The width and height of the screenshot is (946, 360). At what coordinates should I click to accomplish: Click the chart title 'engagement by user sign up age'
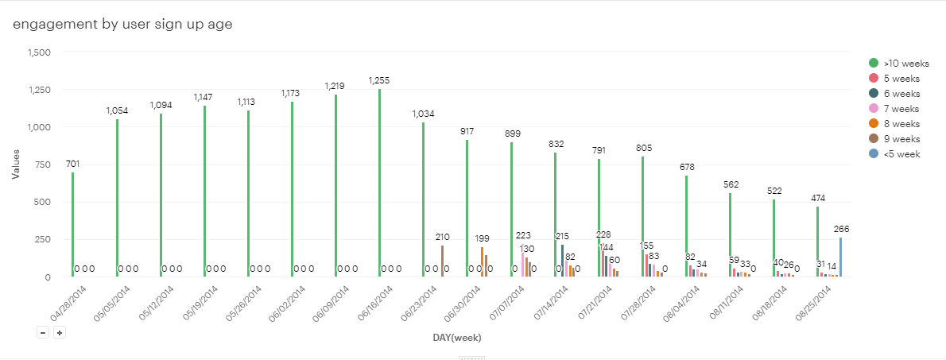coord(122,24)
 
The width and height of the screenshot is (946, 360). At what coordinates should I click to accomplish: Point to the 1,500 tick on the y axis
coord(39,52)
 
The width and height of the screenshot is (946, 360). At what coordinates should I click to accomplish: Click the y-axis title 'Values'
coord(16,165)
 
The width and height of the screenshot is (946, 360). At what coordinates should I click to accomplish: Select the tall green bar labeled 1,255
coord(379,183)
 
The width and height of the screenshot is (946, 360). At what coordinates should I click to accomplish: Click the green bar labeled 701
coord(73,224)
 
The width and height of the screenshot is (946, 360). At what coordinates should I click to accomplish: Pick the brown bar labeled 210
coord(443,261)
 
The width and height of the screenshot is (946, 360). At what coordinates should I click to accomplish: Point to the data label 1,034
coord(423,114)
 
